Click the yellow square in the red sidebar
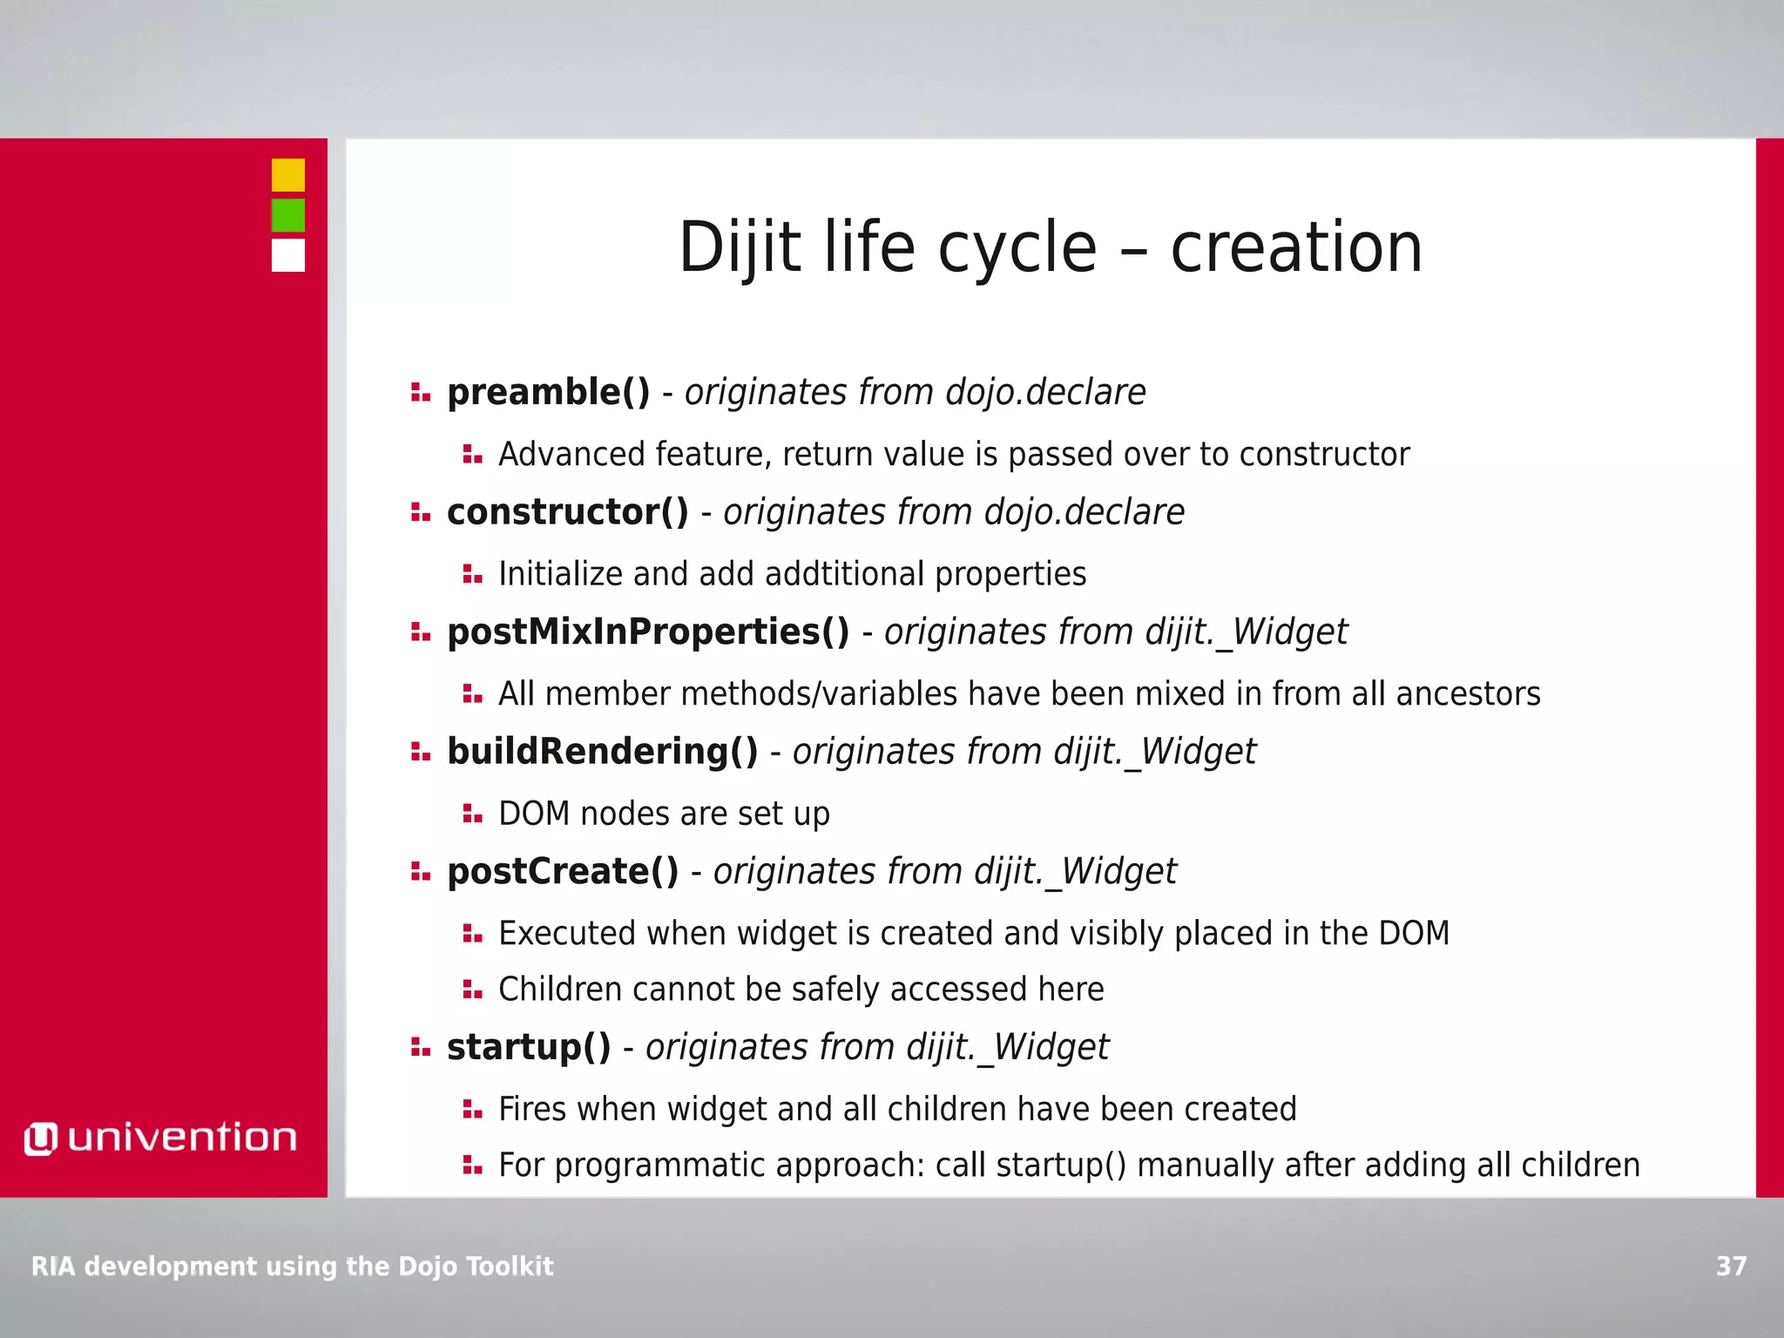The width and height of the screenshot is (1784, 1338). tap(287, 175)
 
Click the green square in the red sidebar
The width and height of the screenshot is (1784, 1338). tap(287, 215)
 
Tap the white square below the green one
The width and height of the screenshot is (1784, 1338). tap(287, 255)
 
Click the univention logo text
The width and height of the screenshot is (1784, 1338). tap(181, 1138)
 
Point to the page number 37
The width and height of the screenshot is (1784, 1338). tap(1731, 1266)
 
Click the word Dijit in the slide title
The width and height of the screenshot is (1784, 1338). tap(739, 248)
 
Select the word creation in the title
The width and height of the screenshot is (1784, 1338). tap(1295, 248)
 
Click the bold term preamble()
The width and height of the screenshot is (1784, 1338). tap(548, 392)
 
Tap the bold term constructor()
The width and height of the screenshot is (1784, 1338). tap(567, 512)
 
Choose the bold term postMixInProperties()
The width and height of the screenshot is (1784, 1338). tap(647, 632)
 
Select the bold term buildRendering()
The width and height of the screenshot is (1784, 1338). tap(602, 752)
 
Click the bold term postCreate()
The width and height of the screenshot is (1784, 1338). tap(562, 871)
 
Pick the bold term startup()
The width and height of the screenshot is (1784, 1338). tap(529, 1047)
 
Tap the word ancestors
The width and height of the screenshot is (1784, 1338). tap(1468, 694)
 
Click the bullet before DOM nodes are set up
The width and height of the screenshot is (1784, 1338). tap(472, 814)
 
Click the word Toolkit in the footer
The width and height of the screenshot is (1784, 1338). tap(509, 1266)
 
